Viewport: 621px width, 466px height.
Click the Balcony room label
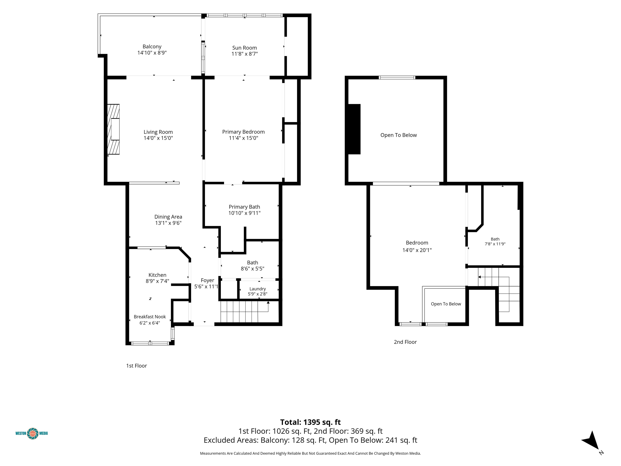point(152,47)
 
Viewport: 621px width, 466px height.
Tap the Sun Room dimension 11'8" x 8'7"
point(245,54)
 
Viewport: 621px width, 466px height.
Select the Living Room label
point(158,132)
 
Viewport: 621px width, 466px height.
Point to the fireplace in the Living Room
point(113,129)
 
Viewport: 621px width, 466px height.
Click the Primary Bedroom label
point(243,132)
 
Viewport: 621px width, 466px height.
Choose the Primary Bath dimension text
point(244,213)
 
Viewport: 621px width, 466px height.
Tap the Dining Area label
point(168,217)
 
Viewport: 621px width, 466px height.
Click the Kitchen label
point(157,275)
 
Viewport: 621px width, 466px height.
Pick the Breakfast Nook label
point(150,317)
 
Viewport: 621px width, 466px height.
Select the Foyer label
point(207,280)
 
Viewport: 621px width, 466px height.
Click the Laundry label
point(258,289)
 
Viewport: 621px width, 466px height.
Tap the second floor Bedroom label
point(417,243)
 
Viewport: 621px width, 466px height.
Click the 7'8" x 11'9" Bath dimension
point(495,244)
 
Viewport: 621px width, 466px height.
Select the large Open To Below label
point(398,135)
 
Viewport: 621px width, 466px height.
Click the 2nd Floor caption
point(405,342)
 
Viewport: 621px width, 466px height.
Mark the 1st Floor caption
point(136,366)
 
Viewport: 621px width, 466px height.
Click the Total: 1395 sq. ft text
point(310,422)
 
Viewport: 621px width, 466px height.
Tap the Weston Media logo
point(32,433)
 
